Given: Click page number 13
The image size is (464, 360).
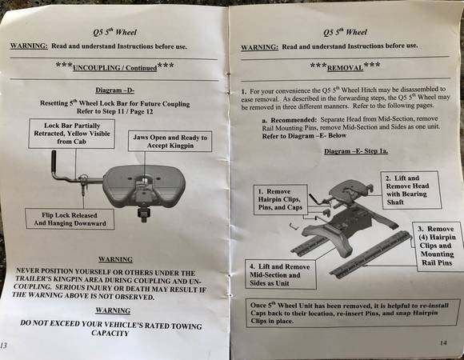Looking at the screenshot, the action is (3, 346).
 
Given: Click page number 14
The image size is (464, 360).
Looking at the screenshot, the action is (443, 343).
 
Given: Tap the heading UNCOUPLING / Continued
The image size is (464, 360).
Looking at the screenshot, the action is (115, 68).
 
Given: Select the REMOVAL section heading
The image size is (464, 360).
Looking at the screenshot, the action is (345, 68).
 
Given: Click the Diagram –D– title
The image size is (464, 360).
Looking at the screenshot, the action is (115, 90).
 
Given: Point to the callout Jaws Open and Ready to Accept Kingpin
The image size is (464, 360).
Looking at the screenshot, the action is (170, 141).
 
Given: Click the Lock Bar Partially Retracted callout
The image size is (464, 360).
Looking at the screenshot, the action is (72, 134).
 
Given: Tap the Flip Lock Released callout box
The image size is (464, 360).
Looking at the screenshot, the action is (70, 219).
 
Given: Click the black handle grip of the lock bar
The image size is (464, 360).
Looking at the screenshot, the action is (54, 162).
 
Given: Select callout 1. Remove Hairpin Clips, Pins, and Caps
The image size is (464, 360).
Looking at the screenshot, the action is (280, 199).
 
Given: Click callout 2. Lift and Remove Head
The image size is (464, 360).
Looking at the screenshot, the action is (410, 190).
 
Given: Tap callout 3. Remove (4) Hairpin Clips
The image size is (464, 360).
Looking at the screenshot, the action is (438, 246).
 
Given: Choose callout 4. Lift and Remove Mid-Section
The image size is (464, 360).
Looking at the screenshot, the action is (280, 275).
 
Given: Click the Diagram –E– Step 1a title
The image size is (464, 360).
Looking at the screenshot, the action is (356, 151).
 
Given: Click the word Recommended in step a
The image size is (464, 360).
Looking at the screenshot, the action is (294, 120).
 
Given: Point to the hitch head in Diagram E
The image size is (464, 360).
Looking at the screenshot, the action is (350, 192).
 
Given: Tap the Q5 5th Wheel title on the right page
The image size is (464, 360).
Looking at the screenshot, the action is (345, 32).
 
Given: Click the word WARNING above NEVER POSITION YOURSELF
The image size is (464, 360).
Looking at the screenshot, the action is (115, 259).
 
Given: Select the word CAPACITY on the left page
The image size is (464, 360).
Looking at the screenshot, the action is (110, 333).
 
